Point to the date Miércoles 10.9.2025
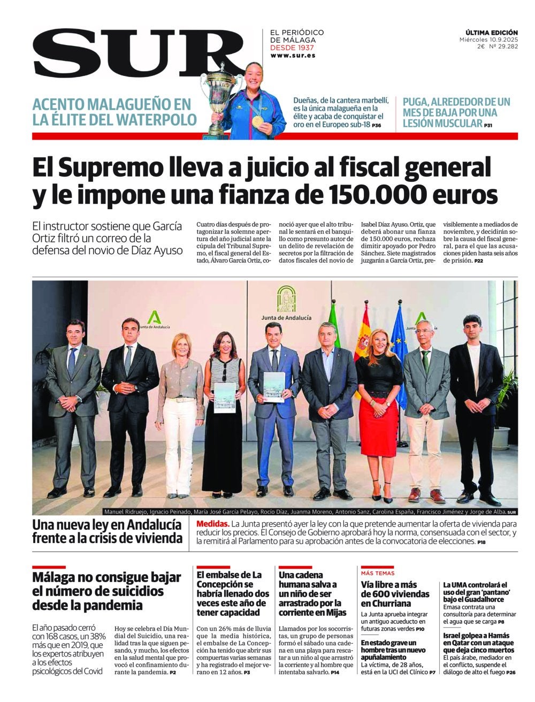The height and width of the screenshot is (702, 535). tap(488, 40)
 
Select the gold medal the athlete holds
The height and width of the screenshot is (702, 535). tap(257, 121)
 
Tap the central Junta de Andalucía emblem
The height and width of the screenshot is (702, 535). tap(286, 300)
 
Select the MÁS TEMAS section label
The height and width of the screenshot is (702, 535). tap(378, 573)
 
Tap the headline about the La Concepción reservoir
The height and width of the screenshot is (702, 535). tap(233, 593)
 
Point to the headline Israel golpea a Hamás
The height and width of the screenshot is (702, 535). tap(475, 640)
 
